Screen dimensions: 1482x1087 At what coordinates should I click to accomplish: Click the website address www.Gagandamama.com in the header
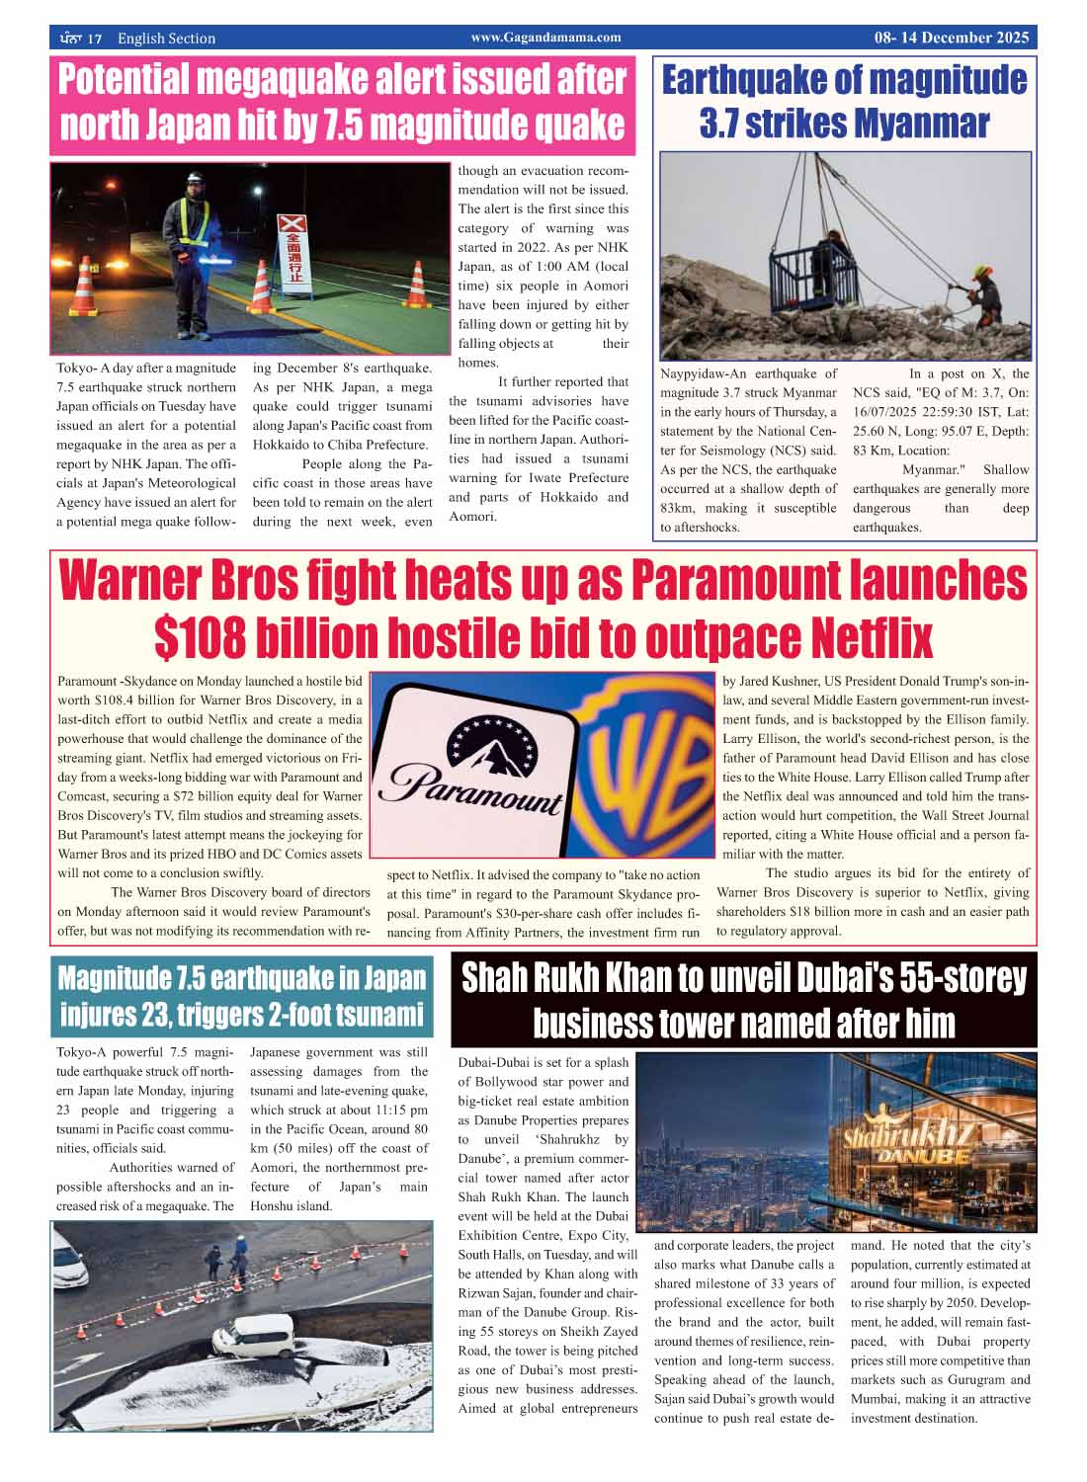pyautogui.click(x=545, y=38)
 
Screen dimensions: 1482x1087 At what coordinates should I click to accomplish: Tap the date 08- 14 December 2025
pyautogui.click(x=951, y=39)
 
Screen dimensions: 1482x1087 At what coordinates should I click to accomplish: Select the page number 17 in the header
pyautogui.click(x=95, y=39)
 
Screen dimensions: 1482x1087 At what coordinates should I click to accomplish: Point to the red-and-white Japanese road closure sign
pyautogui.click(x=293, y=250)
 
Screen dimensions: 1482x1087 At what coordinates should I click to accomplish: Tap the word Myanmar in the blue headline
pyautogui.click(x=921, y=124)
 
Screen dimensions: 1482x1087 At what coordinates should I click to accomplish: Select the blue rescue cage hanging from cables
pyautogui.click(x=807, y=266)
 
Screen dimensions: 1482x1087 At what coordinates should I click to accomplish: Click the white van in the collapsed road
pyautogui.click(x=255, y=1334)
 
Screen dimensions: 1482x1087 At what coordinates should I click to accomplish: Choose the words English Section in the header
pyautogui.click(x=166, y=39)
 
